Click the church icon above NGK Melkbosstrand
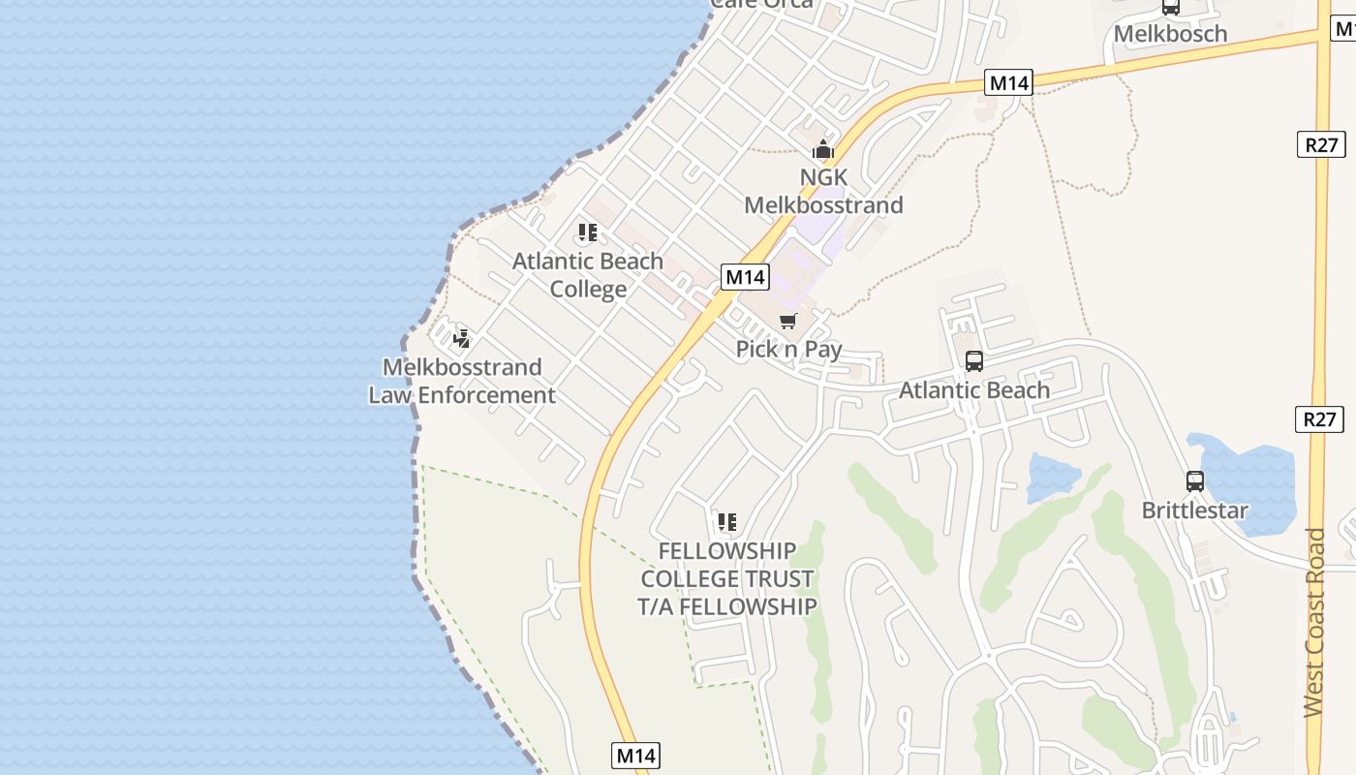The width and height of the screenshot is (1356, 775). pos(822,150)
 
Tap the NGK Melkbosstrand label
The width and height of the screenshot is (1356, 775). pos(823,191)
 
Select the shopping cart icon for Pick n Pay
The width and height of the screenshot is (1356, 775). pos(788,321)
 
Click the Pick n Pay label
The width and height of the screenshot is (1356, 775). pos(788,349)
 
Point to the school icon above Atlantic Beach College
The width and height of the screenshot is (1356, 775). pos(588,232)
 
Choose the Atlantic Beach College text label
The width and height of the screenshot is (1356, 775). pos(588,275)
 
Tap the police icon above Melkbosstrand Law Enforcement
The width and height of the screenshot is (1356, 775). pos(462,338)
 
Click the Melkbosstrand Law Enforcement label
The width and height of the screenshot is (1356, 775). pos(462,381)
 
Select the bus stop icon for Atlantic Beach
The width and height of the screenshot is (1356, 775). pos(974,361)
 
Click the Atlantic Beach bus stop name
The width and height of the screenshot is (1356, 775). pos(974,389)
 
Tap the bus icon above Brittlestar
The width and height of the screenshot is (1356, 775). pos(1195,481)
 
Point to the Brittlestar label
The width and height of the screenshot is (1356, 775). pos(1195,510)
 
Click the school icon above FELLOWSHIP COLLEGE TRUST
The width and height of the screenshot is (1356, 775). pos(727,523)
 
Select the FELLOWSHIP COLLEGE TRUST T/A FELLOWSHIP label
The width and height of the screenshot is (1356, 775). pos(727,578)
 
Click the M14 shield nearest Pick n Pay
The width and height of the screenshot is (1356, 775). pos(746,277)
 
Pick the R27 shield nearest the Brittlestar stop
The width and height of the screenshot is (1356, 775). pos(1319,419)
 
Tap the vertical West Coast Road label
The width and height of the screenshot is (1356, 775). pos(1314,622)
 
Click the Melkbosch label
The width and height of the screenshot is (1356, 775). pos(1170,34)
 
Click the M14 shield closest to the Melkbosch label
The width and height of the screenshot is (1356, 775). pos(1008,83)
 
